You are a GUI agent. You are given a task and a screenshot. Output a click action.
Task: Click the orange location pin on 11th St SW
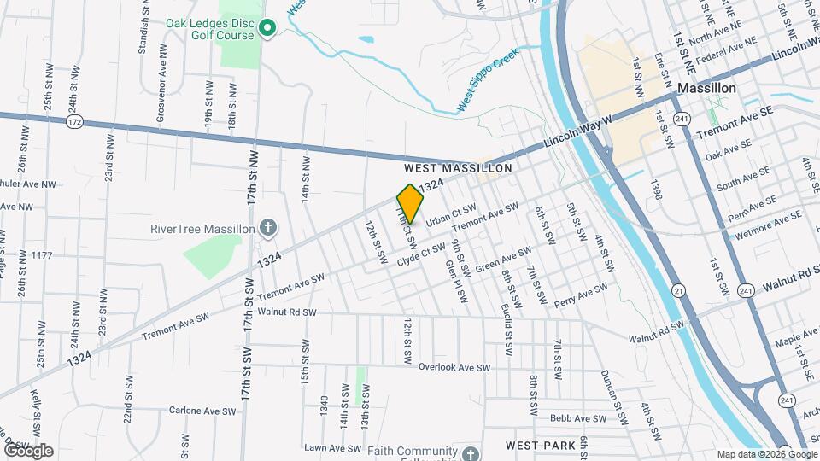(x=410, y=203)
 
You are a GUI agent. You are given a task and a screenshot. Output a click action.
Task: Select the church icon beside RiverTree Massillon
(x=268, y=228)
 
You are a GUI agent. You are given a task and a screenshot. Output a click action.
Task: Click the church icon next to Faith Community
(x=471, y=452)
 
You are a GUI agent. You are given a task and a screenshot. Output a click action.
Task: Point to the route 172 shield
(x=74, y=123)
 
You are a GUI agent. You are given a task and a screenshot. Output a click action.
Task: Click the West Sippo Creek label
(x=488, y=79)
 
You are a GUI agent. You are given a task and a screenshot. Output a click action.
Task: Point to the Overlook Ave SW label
(x=454, y=367)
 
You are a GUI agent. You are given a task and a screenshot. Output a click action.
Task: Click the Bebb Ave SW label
(x=578, y=418)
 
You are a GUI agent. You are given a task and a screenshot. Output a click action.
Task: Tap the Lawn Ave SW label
(x=333, y=448)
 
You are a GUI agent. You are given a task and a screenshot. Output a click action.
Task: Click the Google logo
(x=28, y=451)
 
